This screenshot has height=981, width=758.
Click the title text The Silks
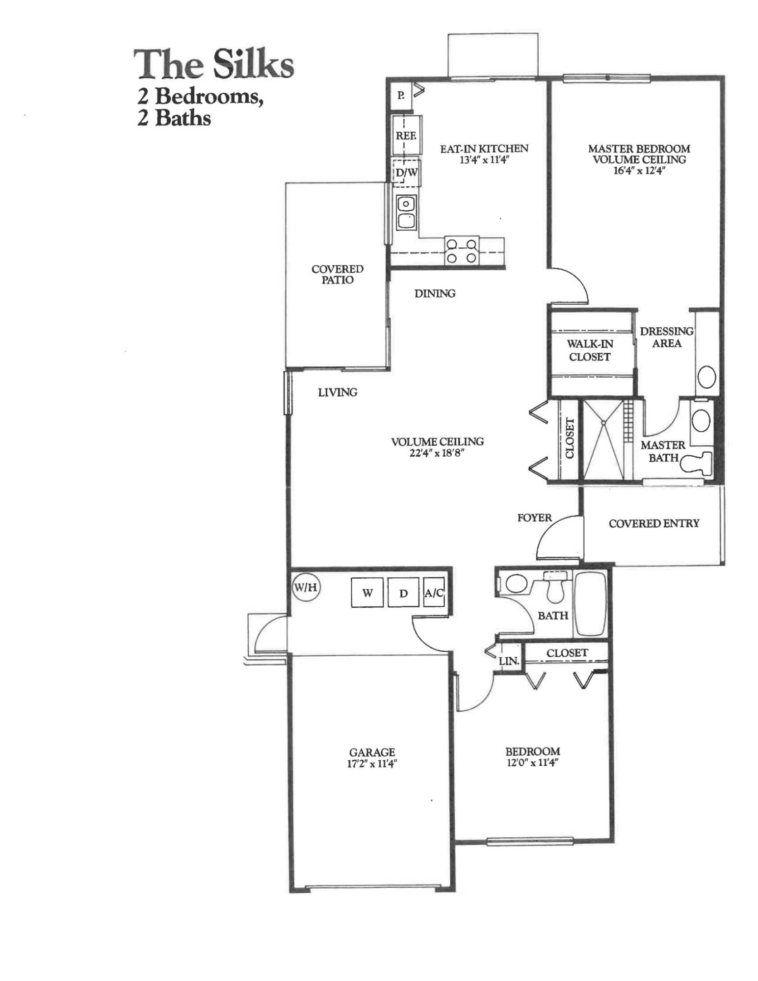click(x=214, y=65)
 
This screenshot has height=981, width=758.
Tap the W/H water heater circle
click(x=306, y=587)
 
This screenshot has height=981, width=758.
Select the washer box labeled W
click(x=367, y=593)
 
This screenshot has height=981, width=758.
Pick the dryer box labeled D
click(x=403, y=593)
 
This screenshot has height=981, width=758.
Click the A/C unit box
click(x=434, y=593)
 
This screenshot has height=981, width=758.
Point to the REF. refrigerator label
click(x=406, y=135)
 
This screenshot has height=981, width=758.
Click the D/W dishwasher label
click(x=406, y=172)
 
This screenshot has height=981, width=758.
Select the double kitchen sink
click(x=406, y=213)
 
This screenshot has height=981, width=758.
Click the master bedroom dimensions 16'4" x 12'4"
click(x=639, y=171)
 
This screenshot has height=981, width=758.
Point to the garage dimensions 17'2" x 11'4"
click(x=372, y=763)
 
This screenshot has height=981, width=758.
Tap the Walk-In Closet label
click(x=590, y=350)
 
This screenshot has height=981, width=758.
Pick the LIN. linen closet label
click(x=509, y=661)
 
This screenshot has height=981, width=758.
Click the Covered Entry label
click(x=653, y=523)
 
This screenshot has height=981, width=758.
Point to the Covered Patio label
click(x=338, y=274)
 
